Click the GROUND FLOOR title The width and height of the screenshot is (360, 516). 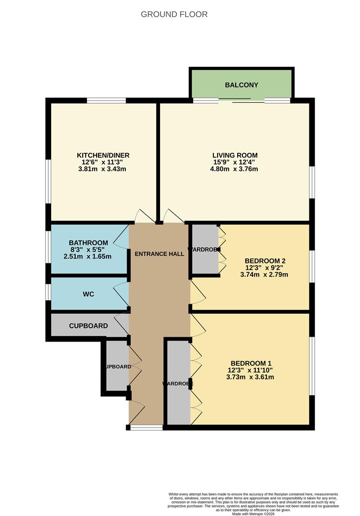174,14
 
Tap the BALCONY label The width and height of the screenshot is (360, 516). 241,85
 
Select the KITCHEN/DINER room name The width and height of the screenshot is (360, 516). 103,155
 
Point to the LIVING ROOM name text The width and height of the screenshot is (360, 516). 235,155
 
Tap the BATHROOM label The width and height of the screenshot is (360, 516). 88,242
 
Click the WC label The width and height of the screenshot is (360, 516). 88,294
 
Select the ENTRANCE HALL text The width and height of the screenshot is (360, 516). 159,254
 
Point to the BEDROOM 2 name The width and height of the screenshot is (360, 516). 265,261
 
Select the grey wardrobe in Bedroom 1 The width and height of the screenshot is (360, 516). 178,382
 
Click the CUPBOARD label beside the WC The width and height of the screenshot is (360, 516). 88,326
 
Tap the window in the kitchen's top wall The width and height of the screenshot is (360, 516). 106,100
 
